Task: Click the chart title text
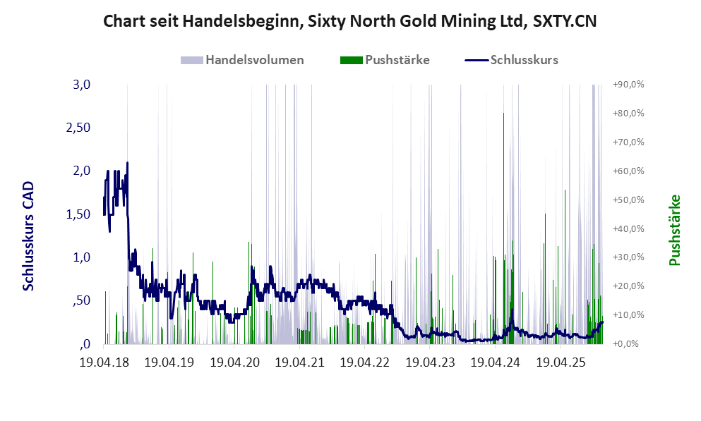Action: [x=350, y=21]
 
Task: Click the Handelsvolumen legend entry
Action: [x=254, y=60]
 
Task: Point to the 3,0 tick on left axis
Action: [x=83, y=85]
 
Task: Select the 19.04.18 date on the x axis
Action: [x=104, y=363]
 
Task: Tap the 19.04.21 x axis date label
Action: [x=299, y=363]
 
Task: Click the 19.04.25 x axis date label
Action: [x=561, y=363]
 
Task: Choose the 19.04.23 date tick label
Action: [x=430, y=363]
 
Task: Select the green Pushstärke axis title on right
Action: [x=674, y=230]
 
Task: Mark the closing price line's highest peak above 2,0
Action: [x=127, y=164]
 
